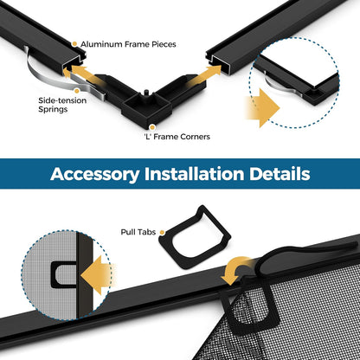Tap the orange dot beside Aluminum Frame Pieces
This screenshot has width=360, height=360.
coord(74,44)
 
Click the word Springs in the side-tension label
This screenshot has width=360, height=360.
coord(53,110)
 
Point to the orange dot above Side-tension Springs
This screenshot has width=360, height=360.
coord(77,91)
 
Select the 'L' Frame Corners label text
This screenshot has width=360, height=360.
coord(177,137)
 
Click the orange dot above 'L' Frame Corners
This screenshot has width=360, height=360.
coord(152,127)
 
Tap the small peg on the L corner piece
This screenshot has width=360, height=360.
coord(145,93)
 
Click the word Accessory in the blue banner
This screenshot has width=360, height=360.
coord(95,174)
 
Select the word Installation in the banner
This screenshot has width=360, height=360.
coord(194,174)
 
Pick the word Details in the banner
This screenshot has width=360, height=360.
coord(280,174)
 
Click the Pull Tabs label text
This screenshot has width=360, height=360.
coord(138,232)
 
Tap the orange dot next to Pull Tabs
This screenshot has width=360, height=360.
coord(162,232)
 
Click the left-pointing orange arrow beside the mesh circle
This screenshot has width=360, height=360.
coord(97,275)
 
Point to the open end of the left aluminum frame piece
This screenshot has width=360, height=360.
coord(74,63)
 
